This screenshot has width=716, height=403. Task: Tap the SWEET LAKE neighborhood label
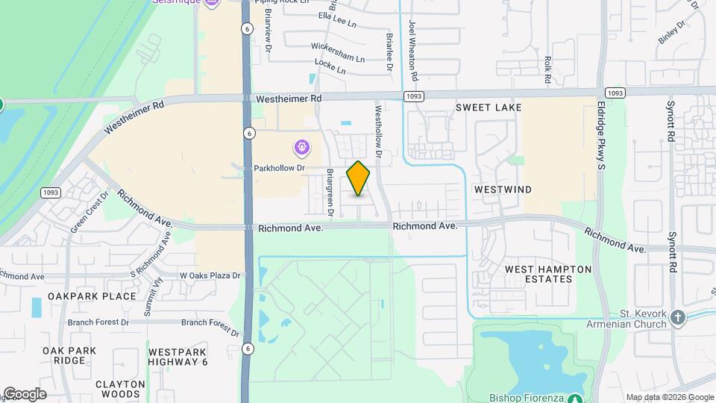coord(489,108)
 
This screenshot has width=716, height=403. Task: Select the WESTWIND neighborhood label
coord(503,190)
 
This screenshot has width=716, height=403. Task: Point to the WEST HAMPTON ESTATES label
coord(548,274)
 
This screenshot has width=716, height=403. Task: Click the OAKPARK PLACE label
coord(92,296)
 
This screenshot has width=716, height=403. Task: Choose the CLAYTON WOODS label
coord(119,389)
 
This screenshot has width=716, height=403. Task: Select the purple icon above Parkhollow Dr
coord(301,148)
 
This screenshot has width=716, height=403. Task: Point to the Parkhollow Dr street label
coord(280,168)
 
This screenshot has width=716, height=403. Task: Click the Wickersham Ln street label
coord(338,57)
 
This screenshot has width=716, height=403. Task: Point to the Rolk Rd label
coord(548,69)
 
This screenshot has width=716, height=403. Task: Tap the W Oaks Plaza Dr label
coord(211,275)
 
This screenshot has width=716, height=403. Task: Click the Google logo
coord(25,394)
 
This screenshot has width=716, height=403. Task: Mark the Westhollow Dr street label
coord(378,136)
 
